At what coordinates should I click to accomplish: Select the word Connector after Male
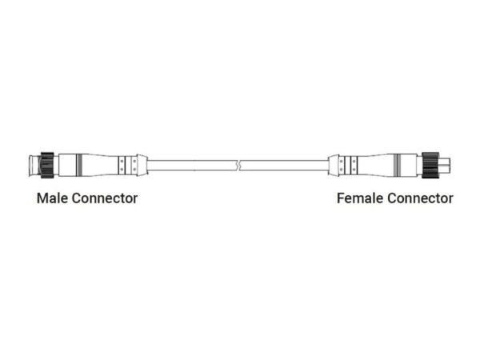104,198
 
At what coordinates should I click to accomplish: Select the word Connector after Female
420,198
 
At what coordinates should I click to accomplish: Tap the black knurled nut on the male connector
46,166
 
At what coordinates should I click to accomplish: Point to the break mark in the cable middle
239,166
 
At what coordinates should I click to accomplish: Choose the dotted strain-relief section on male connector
123,166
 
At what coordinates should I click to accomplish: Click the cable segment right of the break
288,166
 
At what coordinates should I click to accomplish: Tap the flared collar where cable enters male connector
142,166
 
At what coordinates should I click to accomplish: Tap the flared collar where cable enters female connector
334,166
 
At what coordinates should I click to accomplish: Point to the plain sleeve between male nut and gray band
63,166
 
